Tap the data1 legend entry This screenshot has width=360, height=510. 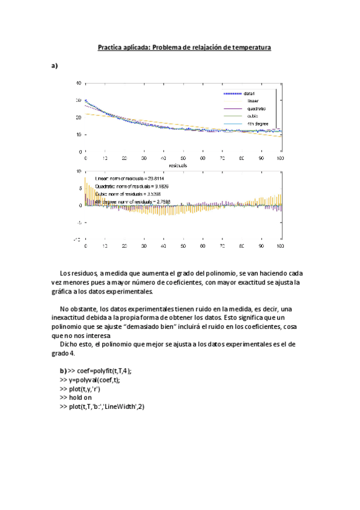(x=251, y=94)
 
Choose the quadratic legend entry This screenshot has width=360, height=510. (x=255, y=109)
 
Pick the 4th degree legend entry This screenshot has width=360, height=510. (x=257, y=124)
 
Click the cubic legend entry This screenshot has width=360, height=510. (x=252, y=116)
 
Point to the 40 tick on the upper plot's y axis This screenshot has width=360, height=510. (x=79, y=82)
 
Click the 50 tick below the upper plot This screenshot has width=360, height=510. (x=183, y=158)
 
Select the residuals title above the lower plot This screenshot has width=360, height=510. (x=183, y=164)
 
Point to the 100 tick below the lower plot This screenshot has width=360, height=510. (x=280, y=247)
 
